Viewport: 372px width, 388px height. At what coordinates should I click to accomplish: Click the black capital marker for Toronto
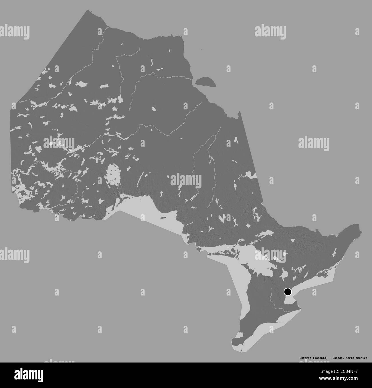pos(288,292)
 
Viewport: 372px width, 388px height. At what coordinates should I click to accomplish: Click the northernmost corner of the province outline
pos(87,11)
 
